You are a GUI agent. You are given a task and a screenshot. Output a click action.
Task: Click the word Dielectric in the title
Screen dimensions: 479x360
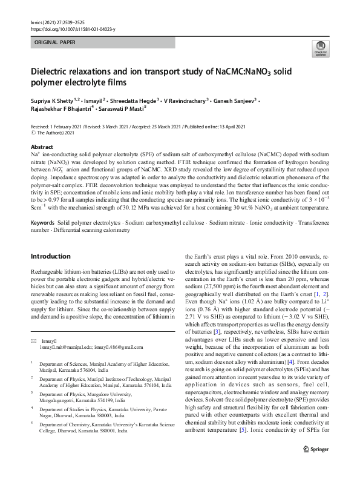coord(54,71)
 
